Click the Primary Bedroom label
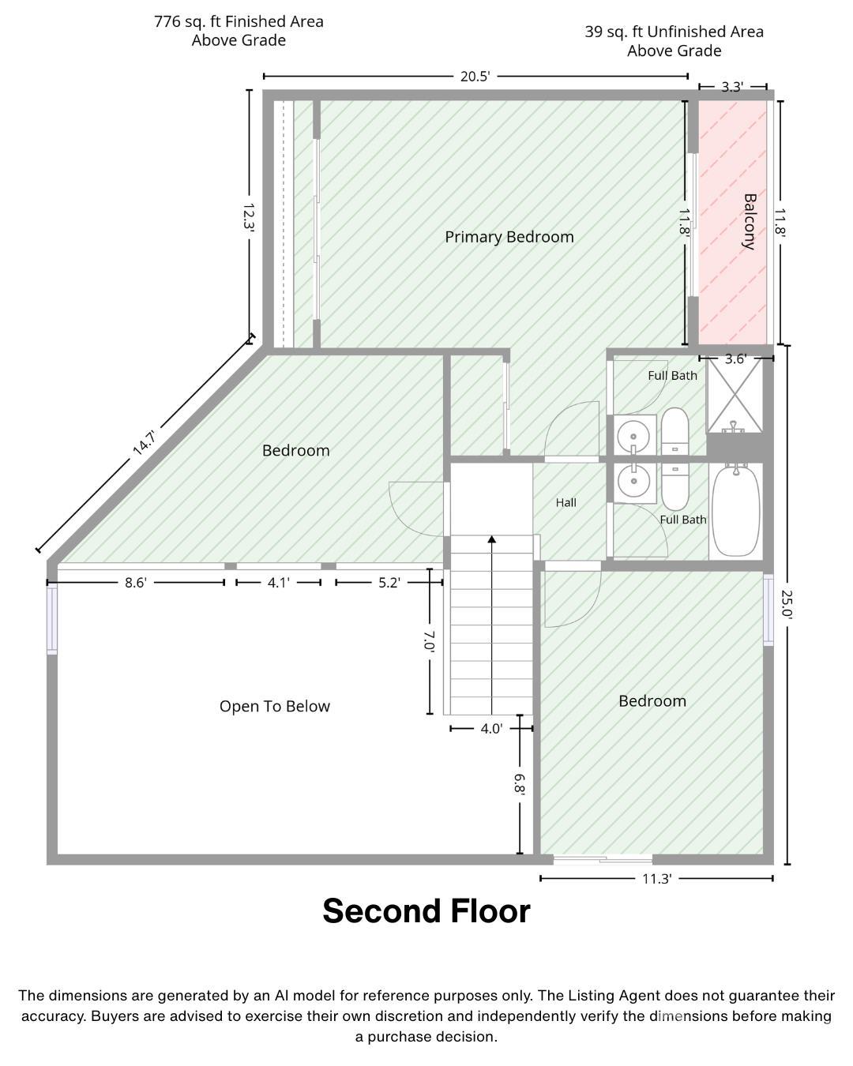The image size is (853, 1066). tap(509, 237)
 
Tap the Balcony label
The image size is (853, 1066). tap(749, 221)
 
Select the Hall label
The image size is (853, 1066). tap(566, 502)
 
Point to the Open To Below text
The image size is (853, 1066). tap(275, 706)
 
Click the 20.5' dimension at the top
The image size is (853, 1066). tap(475, 77)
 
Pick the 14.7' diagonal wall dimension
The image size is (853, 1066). tap(145, 443)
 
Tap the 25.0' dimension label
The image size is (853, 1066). tap(787, 603)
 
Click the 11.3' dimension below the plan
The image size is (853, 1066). tap(656, 878)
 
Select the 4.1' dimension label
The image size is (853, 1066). tap(279, 583)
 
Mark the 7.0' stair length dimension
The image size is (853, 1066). tap(429, 641)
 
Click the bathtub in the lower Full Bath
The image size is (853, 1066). tap(735, 512)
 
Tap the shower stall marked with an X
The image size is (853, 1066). tap(734, 396)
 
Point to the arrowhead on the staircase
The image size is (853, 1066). tap(492, 539)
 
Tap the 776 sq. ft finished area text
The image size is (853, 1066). tap(239, 31)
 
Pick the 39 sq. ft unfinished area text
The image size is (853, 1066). tap(674, 41)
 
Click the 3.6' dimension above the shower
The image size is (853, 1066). tap(735, 358)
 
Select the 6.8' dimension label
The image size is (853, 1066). tap(520, 784)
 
